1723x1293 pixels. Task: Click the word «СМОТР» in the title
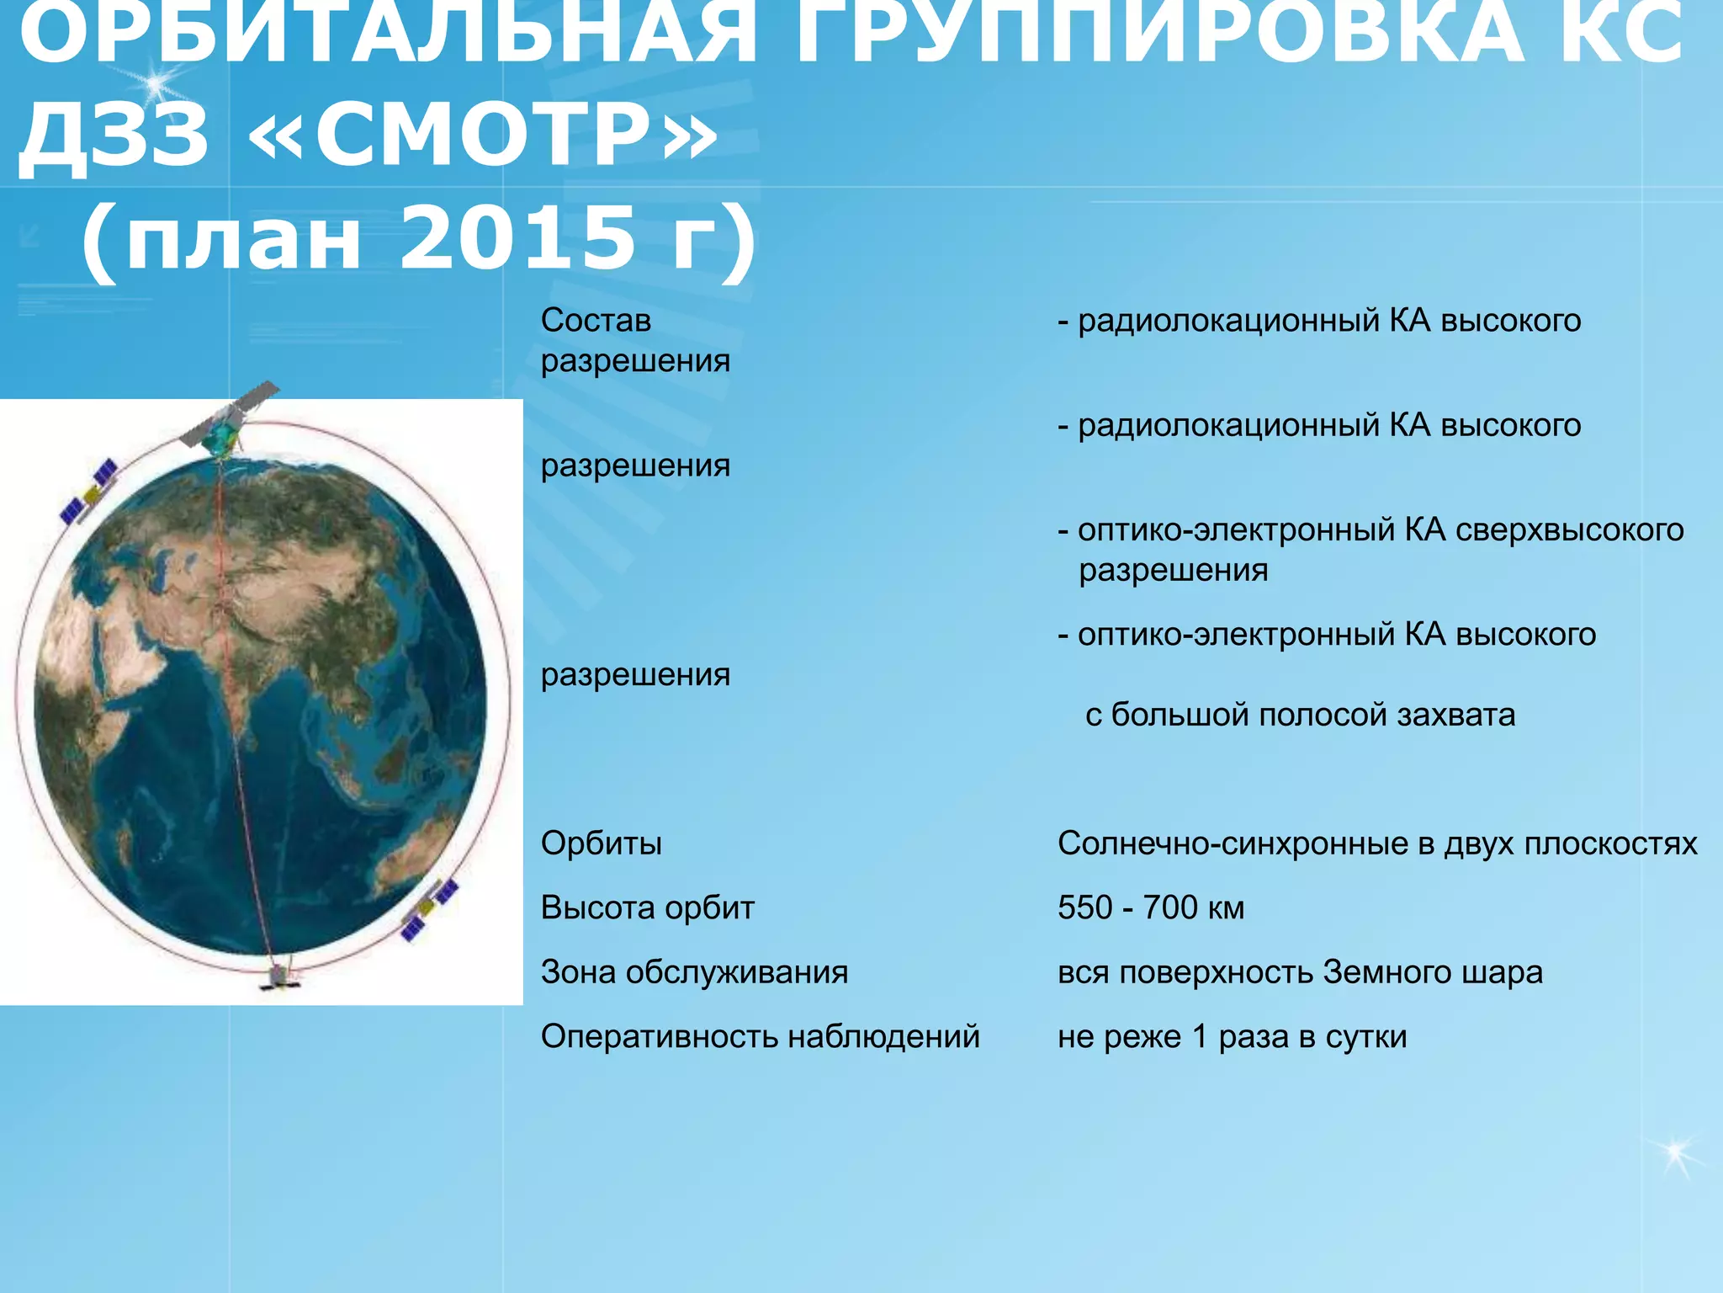pyautogui.click(x=483, y=135)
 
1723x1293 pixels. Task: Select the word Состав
pyautogui.click(x=596, y=321)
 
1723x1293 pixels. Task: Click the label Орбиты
pyautogui.click(x=601, y=843)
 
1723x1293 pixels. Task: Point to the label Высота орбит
pyautogui.click(x=647, y=907)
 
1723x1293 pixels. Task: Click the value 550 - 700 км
pyautogui.click(x=1150, y=907)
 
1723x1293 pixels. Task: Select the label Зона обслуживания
pyautogui.click(x=694, y=972)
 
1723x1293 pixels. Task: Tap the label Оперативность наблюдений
pyautogui.click(x=760, y=1036)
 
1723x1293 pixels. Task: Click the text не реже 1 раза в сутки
pyautogui.click(x=1232, y=1036)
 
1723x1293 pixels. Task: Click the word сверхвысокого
pyautogui.click(x=1569, y=530)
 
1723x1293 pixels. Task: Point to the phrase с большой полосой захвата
pyautogui.click(x=1300, y=715)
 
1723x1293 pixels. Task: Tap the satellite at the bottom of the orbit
pyautogui.click(x=279, y=976)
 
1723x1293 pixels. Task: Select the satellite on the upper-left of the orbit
pyautogui.click(x=88, y=492)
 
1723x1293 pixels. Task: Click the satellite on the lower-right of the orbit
pyautogui.click(x=429, y=909)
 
